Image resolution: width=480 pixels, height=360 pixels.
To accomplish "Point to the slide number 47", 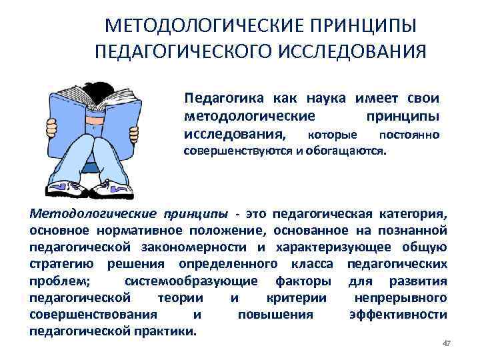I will click(447, 343).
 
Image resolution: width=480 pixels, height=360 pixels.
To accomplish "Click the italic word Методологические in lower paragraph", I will click(89, 214).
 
